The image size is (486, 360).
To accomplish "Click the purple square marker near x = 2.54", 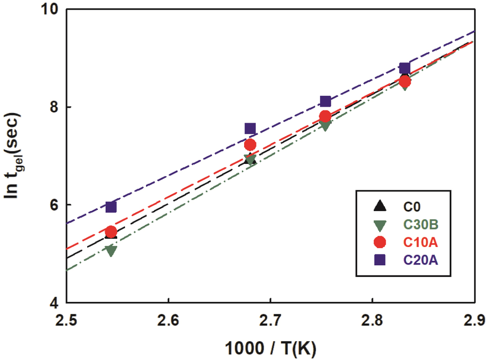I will pyautogui.click(x=111, y=207).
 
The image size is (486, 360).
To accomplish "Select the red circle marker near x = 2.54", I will pyautogui.click(x=111, y=232).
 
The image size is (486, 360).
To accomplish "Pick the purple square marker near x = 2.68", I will pyautogui.click(x=250, y=128).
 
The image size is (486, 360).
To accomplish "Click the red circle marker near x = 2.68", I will pyautogui.click(x=250, y=145).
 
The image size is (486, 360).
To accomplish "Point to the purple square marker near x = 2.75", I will pyautogui.click(x=326, y=101).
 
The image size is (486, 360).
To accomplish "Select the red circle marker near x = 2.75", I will pyautogui.click(x=326, y=116).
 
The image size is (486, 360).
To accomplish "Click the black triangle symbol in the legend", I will pyautogui.click(x=380, y=206).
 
